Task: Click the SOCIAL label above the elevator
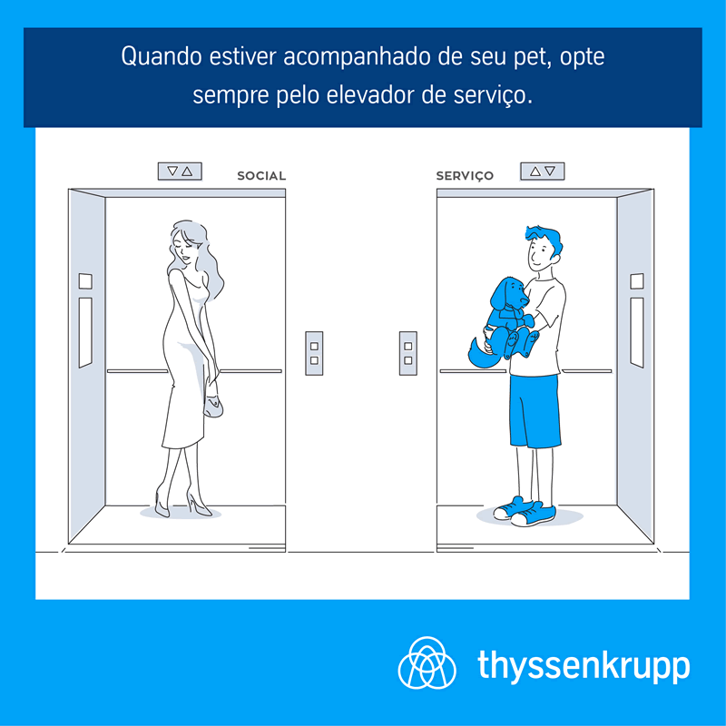(x=261, y=175)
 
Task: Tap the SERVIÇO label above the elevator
(x=465, y=176)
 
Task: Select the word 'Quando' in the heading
(x=162, y=57)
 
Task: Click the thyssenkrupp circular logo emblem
(x=427, y=662)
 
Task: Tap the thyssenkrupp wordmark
(x=584, y=666)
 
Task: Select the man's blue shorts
(x=535, y=411)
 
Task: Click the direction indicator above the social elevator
(x=180, y=172)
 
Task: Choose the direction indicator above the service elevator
(x=542, y=172)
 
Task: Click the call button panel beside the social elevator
(x=314, y=353)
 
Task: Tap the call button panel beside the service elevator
(x=407, y=353)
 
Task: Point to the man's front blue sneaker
(x=534, y=515)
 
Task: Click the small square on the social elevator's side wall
(x=85, y=281)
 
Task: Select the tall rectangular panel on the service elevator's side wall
(x=637, y=332)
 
